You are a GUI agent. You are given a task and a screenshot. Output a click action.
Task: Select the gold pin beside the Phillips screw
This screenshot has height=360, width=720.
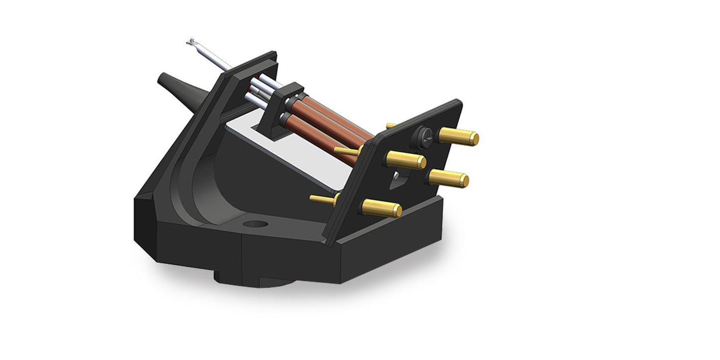[458, 136]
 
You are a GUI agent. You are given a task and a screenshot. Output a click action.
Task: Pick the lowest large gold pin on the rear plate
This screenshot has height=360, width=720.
[381, 208]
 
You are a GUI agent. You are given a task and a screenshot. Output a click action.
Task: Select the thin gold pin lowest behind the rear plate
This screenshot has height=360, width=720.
[323, 200]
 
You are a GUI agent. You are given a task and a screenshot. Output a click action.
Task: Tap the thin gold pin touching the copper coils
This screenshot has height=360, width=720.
[346, 150]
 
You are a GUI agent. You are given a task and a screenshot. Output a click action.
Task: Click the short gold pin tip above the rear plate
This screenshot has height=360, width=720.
[390, 125]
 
